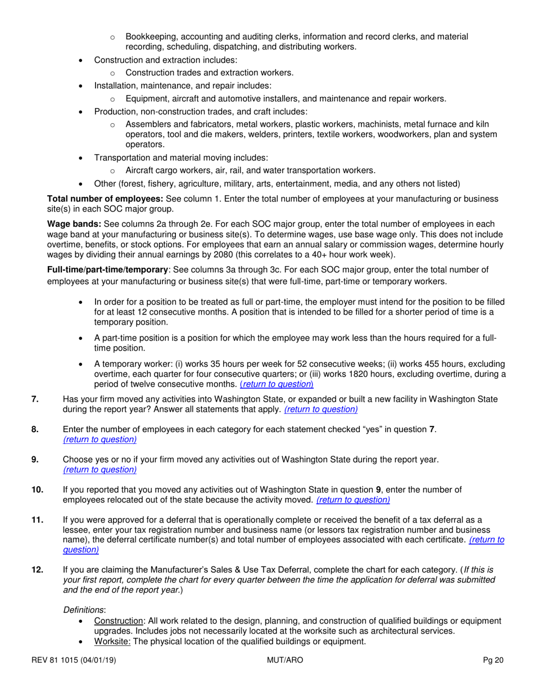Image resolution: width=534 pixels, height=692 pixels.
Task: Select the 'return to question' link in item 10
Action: pos(354,499)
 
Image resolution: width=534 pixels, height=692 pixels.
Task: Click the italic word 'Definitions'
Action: pos(84,609)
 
